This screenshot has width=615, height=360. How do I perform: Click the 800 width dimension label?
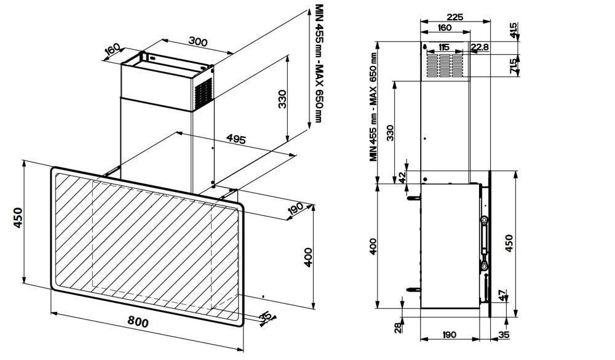point(139,322)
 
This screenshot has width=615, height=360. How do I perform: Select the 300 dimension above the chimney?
point(197,42)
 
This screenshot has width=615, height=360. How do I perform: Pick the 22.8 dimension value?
point(480,47)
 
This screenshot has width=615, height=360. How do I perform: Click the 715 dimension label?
point(513,66)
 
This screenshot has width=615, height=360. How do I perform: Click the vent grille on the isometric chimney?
point(203,92)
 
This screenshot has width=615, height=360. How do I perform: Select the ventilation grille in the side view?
point(444,64)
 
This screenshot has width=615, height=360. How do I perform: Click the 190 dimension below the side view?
point(449,334)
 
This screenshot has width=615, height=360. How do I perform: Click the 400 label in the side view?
point(373,246)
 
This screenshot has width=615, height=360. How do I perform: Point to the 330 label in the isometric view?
point(282,98)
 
